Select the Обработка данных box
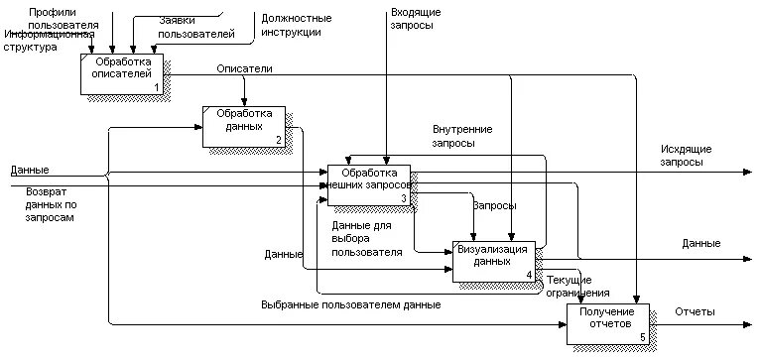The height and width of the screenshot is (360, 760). click(244, 125)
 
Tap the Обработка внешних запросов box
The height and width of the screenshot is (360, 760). click(368, 184)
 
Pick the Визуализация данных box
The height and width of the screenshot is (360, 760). click(493, 260)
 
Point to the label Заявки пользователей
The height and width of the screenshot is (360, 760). click(196, 27)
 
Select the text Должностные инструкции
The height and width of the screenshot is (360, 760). click(296, 25)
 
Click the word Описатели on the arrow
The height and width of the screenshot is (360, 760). click(245, 68)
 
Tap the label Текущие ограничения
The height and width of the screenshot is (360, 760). click(578, 287)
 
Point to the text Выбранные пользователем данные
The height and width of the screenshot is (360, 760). click(351, 304)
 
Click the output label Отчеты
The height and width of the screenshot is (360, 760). click(695, 312)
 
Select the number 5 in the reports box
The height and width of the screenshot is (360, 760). click(642, 338)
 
